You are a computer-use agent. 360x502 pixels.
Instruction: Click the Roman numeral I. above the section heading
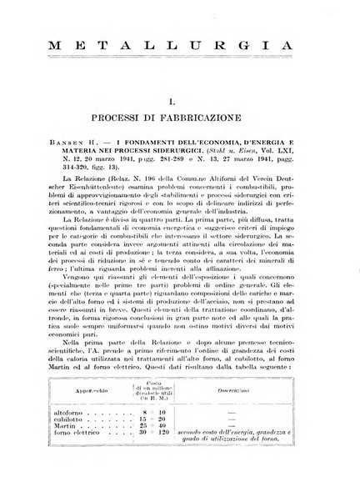click(x=181, y=99)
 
